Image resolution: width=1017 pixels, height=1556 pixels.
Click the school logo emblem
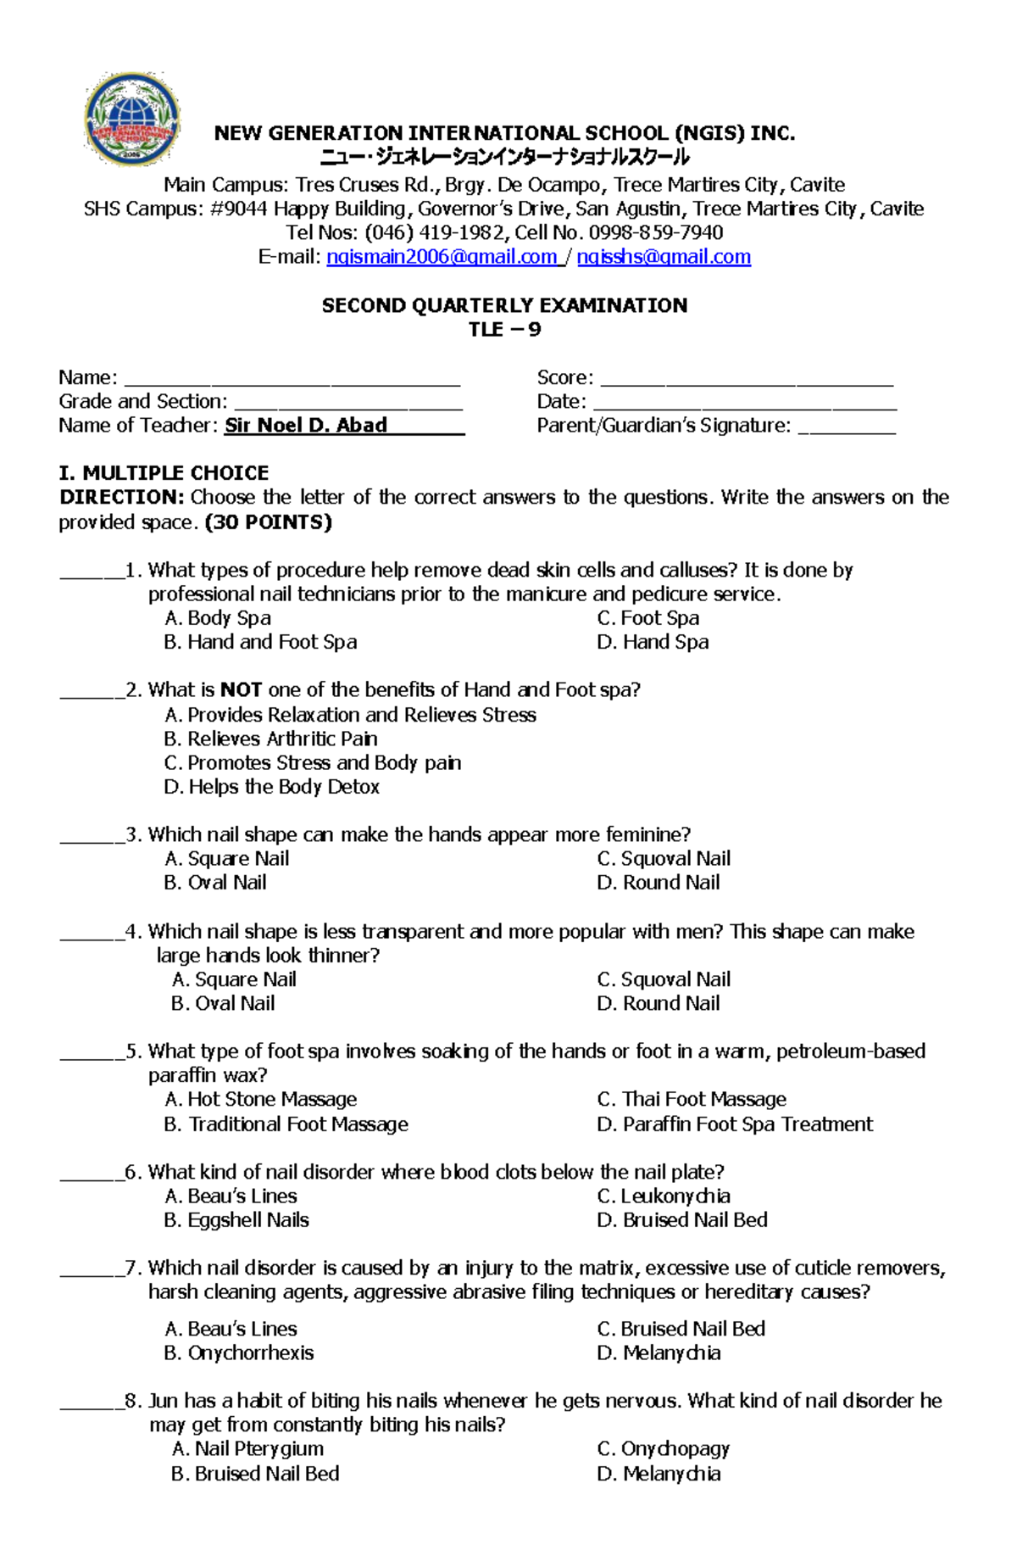(x=132, y=120)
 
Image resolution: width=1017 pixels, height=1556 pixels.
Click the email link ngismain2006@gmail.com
(x=442, y=257)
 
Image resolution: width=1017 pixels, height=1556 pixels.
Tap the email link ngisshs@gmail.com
(x=664, y=257)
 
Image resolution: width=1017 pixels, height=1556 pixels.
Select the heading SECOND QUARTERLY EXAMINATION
(x=504, y=305)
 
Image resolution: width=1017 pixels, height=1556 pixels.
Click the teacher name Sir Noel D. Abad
(x=306, y=426)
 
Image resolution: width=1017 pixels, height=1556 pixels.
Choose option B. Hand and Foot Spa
(x=260, y=642)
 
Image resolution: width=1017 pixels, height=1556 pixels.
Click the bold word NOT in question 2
(x=241, y=690)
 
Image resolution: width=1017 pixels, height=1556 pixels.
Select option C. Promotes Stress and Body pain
(x=313, y=763)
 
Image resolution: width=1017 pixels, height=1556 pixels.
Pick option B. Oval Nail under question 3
(x=215, y=883)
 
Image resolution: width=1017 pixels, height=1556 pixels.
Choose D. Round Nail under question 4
(x=659, y=1003)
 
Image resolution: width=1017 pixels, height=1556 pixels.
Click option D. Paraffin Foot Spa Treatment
(x=734, y=1124)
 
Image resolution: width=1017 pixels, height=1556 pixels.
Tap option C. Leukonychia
(x=664, y=1196)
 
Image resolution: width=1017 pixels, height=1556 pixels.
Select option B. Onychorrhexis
(x=239, y=1353)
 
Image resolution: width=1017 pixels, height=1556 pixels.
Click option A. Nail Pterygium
(x=247, y=1449)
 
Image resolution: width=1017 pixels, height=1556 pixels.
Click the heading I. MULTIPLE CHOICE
(x=164, y=473)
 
